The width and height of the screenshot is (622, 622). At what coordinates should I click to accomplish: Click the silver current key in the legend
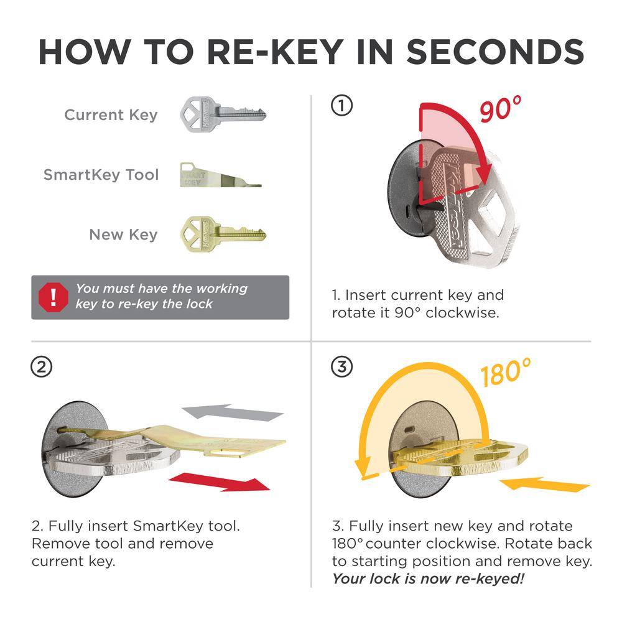[222, 114]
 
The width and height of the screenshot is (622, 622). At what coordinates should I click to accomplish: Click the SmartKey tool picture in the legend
[220, 175]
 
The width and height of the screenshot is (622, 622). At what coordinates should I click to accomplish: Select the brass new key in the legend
[222, 234]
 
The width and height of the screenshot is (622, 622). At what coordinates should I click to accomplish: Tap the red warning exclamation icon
[53, 297]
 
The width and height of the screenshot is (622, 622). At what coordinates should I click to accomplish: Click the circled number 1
[341, 106]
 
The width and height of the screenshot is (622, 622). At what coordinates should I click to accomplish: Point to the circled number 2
[41, 367]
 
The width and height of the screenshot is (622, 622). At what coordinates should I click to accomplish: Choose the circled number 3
[341, 367]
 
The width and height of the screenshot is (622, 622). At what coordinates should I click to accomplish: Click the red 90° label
[500, 109]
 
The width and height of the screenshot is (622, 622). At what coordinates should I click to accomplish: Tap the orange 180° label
[505, 372]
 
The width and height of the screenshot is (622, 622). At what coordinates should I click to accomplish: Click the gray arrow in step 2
[233, 412]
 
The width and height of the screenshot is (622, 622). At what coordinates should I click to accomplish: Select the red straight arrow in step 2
[220, 482]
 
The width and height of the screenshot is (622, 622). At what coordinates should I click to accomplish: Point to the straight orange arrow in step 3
[544, 484]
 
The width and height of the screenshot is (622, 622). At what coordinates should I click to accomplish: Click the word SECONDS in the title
[495, 52]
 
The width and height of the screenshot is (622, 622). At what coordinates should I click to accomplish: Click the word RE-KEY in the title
[276, 52]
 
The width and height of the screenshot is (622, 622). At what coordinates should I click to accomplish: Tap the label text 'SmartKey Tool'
[101, 175]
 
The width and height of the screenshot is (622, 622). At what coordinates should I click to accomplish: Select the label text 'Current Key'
[111, 115]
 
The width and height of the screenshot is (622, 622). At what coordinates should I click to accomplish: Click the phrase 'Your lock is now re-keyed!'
[429, 578]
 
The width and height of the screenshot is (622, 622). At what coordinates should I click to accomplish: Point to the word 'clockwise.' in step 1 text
[463, 313]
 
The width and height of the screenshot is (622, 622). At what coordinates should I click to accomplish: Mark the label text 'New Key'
[123, 234]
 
